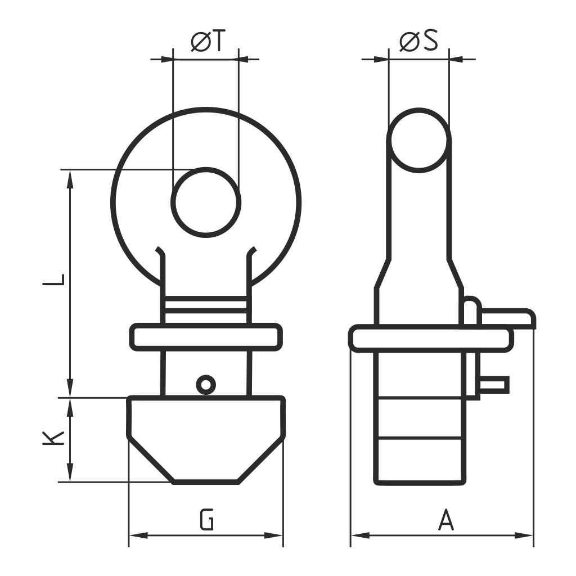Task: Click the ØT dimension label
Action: point(207,40)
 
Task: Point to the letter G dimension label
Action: point(207,519)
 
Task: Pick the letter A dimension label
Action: point(446,519)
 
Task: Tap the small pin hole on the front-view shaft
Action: point(206,385)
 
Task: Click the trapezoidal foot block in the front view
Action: point(206,440)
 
